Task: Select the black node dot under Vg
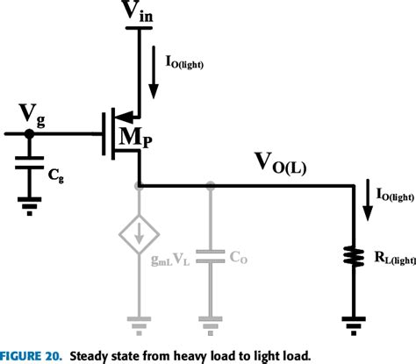click(x=28, y=134)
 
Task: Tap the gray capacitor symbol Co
click(x=211, y=256)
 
